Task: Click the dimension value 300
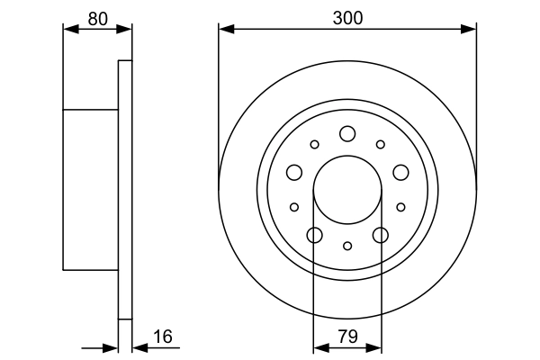(346, 16)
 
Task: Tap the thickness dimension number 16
(162, 337)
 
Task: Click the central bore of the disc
(347, 190)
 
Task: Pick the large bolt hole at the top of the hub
(347, 134)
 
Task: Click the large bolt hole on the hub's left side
(294, 173)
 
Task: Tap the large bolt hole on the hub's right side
(400, 173)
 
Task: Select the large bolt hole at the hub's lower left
(314, 236)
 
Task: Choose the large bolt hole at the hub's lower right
(381, 236)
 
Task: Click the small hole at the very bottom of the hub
(347, 246)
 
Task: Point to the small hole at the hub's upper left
(314, 144)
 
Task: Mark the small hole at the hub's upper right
(381, 144)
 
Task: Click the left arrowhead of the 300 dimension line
(225, 30)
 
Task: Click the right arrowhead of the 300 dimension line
(470, 30)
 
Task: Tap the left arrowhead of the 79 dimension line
(319, 346)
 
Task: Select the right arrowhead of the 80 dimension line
(126, 29)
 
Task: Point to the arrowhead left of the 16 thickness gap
(112, 346)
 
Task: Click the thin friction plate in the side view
(125, 190)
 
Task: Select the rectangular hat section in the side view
(91, 190)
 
